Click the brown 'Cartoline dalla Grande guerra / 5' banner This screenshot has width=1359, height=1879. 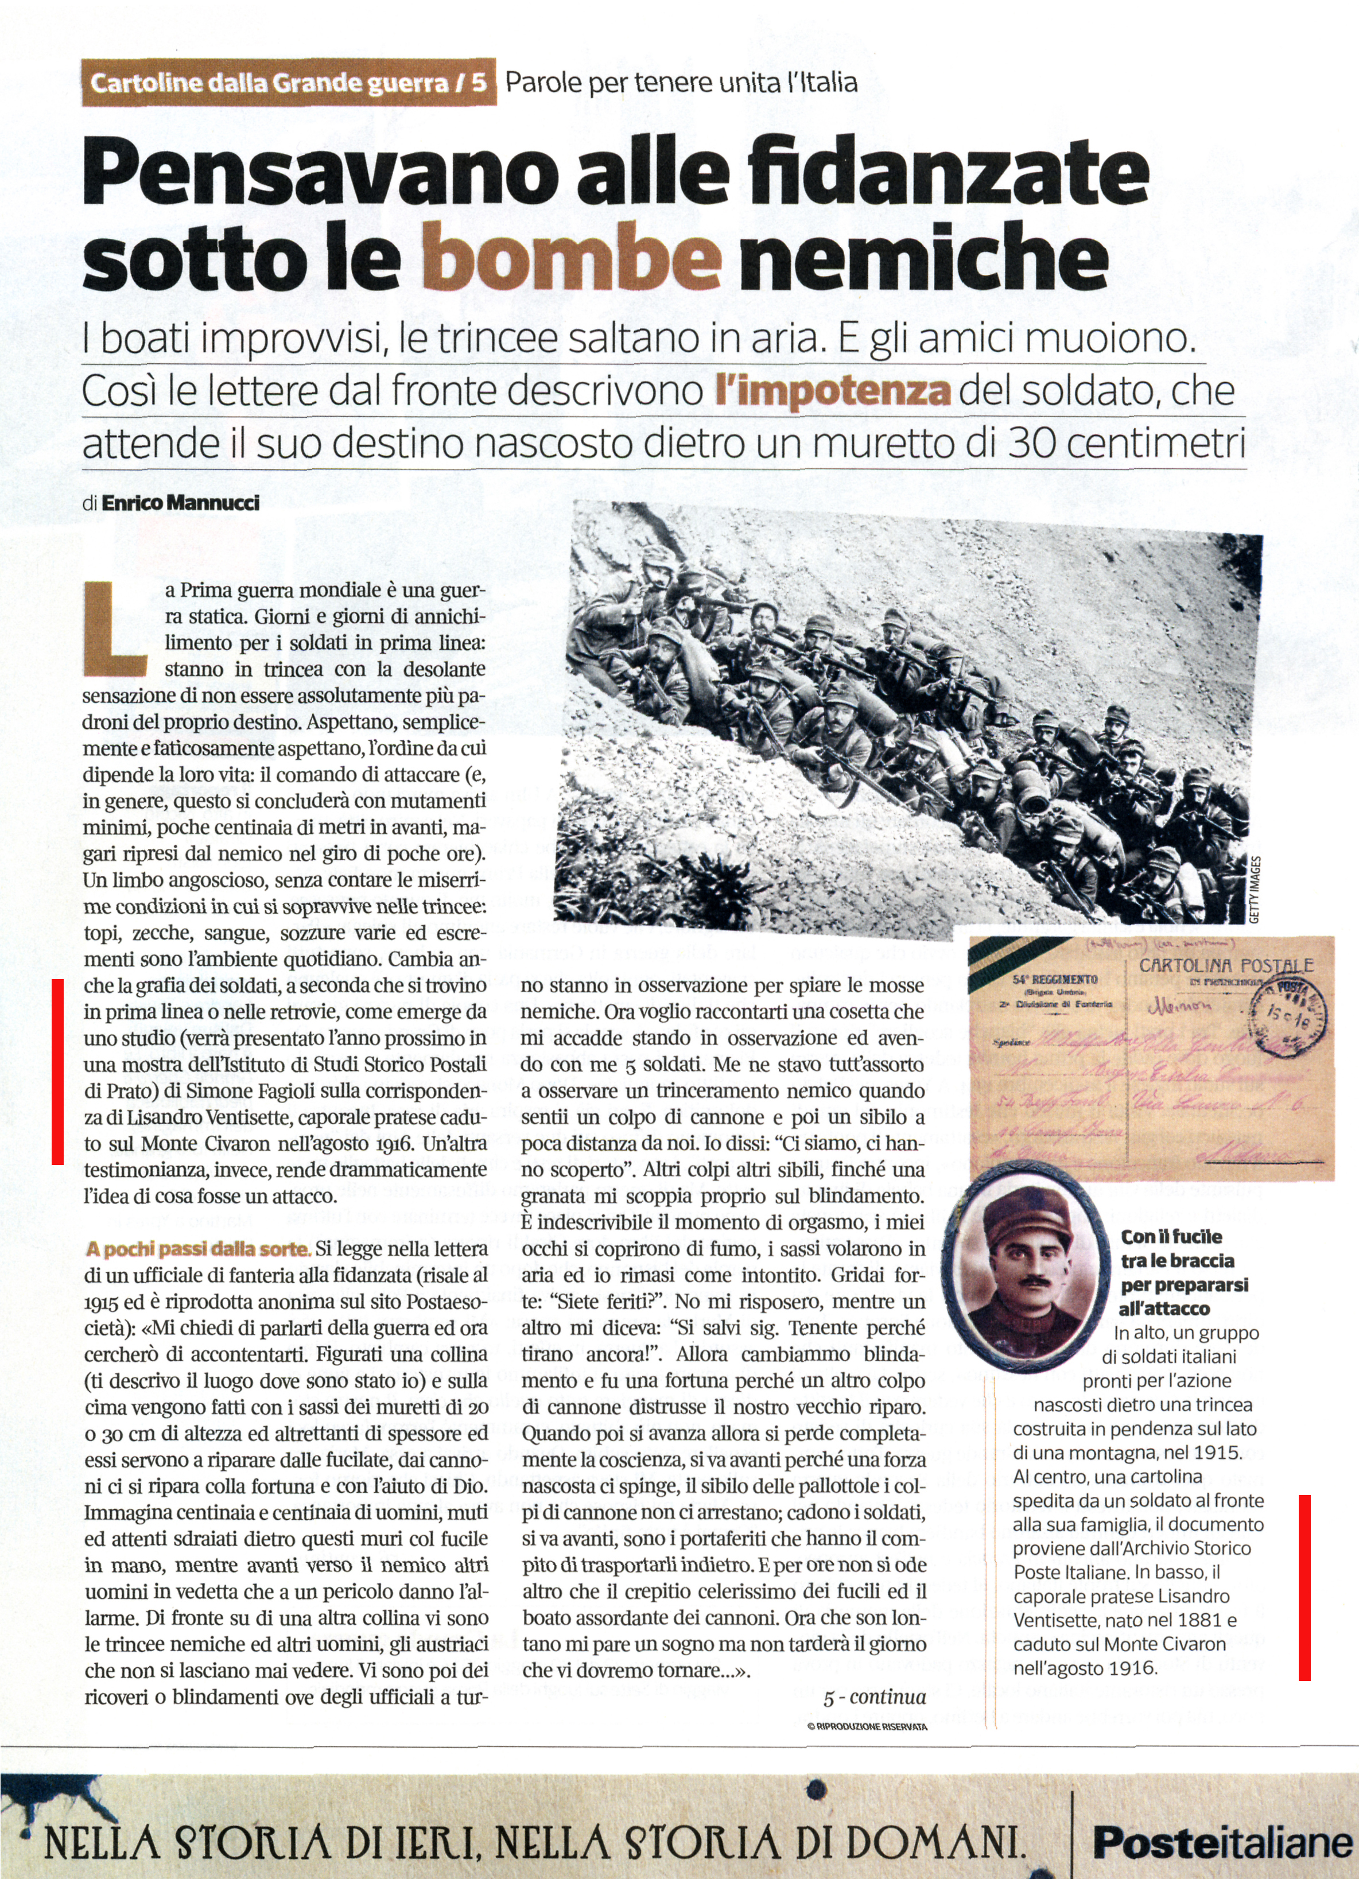click(x=288, y=83)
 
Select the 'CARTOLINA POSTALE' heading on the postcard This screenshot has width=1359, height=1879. click(x=1226, y=965)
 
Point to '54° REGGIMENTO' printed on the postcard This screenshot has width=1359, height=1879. click(x=1054, y=979)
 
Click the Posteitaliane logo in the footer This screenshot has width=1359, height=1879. click(x=1222, y=1842)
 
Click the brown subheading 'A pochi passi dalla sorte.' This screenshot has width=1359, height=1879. click(x=197, y=1248)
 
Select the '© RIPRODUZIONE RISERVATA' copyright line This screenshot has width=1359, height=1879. click(x=867, y=1726)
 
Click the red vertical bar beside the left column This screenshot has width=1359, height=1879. click(x=57, y=1072)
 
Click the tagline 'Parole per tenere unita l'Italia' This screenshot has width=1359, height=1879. click(x=681, y=83)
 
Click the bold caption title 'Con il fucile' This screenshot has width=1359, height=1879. click(x=1171, y=1237)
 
